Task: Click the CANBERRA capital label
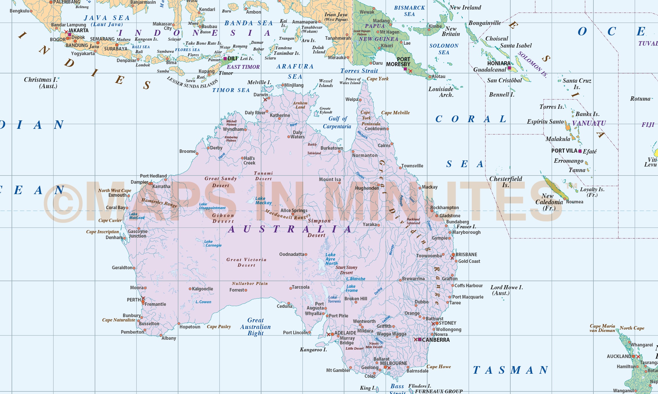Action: (436, 340)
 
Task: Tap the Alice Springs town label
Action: (294, 210)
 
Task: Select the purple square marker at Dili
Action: (225, 59)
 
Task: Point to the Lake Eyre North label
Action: (331, 259)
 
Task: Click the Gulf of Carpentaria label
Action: (337, 122)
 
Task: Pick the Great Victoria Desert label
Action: (246, 262)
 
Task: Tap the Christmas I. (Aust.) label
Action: (41, 83)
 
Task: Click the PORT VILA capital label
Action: (564, 151)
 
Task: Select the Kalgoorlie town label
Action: (202, 289)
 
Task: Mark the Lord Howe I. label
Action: (506, 290)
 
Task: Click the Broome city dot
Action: (197, 153)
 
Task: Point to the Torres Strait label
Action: (359, 71)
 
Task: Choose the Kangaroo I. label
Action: (313, 350)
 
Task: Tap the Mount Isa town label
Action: (330, 179)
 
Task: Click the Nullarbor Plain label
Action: (250, 283)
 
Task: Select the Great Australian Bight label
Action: (255, 327)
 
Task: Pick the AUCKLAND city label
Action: (619, 356)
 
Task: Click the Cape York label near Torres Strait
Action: (378, 79)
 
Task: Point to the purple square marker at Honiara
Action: (509, 68)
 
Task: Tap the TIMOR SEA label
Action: (231, 90)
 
